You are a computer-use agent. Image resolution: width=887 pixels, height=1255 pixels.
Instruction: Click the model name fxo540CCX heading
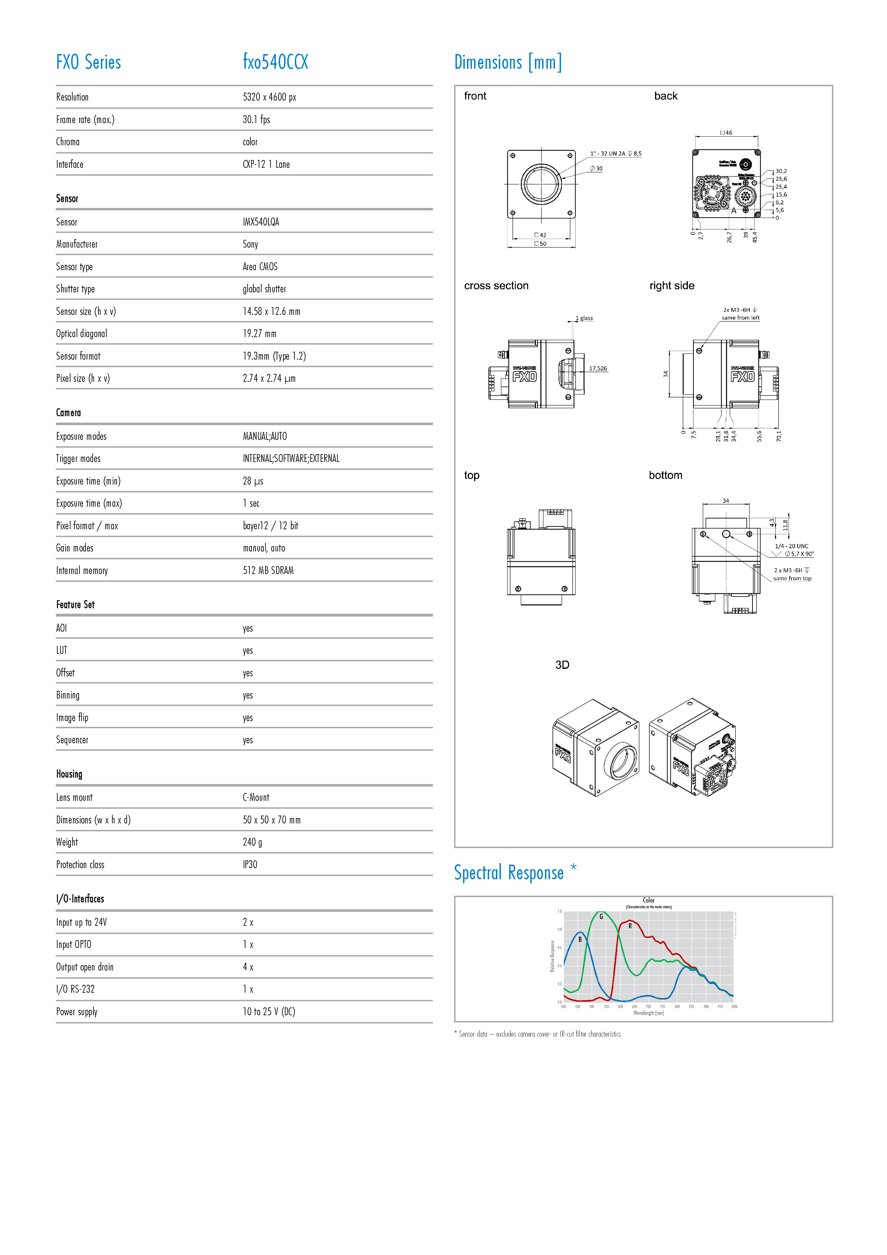(x=276, y=62)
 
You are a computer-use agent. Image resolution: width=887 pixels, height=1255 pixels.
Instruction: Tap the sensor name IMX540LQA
(x=261, y=222)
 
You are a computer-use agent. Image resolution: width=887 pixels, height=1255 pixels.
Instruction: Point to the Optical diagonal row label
(x=82, y=334)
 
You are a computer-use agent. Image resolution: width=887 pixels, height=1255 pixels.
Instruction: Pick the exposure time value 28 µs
(x=253, y=481)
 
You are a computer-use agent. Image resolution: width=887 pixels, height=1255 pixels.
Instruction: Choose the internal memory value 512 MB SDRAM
(x=268, y=570)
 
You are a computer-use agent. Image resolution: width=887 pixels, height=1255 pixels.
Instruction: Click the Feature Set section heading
(x=75, y=604)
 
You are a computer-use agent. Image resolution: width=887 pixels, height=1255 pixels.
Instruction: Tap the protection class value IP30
(x=250, y=864)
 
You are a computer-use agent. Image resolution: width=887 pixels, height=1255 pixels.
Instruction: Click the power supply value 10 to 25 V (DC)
(x=269, y=1011)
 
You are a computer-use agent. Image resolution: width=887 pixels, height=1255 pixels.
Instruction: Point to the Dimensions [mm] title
(x=508, y=62)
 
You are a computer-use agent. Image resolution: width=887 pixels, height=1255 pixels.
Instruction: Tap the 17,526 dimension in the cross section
(x=598, y=368)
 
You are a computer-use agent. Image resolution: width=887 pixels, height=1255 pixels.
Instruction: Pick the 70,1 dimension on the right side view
(x=779, y=436)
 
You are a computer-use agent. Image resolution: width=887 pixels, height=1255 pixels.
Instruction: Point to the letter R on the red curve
(x=630, y=926)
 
